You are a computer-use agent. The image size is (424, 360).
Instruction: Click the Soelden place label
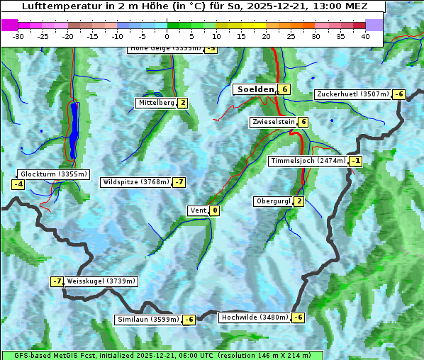click(x=255, y=89)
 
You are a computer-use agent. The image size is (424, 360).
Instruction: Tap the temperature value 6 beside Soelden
click(x=284, y=89)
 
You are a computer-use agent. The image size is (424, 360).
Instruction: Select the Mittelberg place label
click(x=156, y=103)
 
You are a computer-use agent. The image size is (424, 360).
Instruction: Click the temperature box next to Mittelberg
click(x=183, y=103)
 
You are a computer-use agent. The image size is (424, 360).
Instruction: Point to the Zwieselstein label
click(x=274, y=122)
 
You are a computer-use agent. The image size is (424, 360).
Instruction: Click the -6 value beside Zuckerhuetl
click(x=399, y=94)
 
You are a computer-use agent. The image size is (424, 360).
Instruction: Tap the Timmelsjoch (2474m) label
click(x=308, y=161)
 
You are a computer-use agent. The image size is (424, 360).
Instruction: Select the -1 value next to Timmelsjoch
click(x=355, y=161)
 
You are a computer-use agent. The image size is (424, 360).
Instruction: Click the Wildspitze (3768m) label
click(x=136, y=182)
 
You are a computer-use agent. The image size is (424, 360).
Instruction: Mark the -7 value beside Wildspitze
click(x=179, y=182)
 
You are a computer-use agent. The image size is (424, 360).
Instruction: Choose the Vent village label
click(x=198, y=210)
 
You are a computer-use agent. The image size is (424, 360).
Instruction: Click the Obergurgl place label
click(x=273, y=201)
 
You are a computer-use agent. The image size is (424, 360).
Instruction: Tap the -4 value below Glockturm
click(x=18, y=185)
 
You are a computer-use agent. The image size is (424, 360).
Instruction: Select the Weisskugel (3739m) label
click(x=101, y=281)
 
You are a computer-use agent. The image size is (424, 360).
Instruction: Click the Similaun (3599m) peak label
click(x=148, y=320)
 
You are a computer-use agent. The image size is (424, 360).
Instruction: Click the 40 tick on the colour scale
click(x=365, y=36)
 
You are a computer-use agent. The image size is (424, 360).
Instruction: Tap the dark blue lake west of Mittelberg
click(x=74, y=128)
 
